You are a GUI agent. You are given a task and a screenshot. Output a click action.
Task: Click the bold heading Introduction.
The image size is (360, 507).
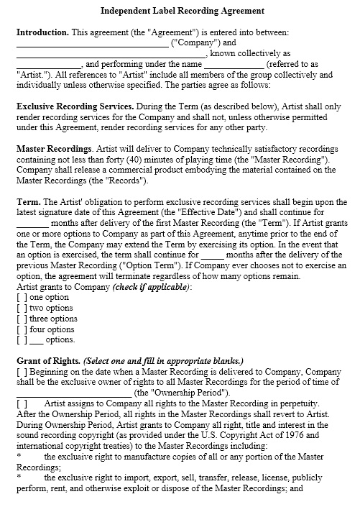click(42, 32)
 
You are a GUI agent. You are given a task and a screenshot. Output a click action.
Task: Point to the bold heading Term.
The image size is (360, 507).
click(28, 203)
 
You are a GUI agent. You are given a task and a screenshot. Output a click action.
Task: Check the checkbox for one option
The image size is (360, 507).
click(22, 297)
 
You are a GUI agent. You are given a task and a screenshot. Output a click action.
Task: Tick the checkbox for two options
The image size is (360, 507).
click(22, 308)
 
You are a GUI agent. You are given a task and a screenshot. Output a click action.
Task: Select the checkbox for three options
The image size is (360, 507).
click(22, 319)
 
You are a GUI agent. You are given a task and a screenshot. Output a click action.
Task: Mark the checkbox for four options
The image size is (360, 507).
click(22, 329)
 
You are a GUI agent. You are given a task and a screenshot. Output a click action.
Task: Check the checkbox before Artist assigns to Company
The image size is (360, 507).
click(22, 404)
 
